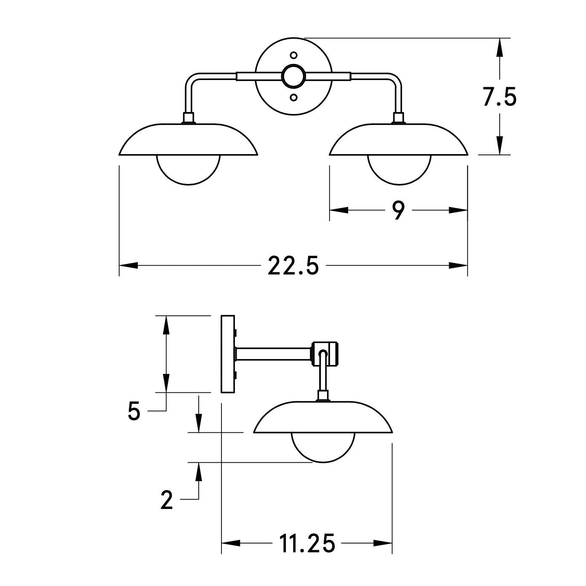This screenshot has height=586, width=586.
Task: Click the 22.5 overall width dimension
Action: point(293,266)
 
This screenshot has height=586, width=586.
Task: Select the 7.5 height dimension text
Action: point(500,97)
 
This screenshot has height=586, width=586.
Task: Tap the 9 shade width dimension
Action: point(398,210)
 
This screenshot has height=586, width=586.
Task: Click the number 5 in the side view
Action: point(134,411)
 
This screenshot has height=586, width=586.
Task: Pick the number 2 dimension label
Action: point(167,500)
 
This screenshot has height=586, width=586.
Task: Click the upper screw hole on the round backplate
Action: point(293,55)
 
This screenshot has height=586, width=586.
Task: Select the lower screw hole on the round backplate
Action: point(293,97)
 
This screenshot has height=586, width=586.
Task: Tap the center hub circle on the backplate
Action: point(293,76)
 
